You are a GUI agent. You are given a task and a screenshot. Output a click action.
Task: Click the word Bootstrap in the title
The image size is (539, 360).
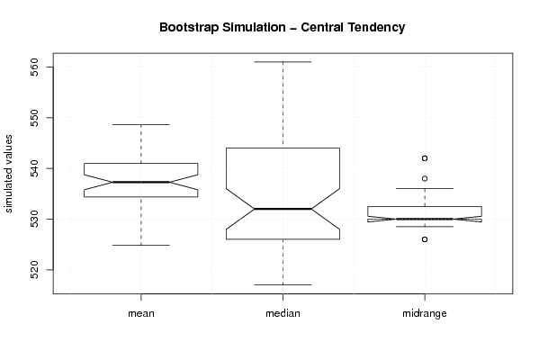188,28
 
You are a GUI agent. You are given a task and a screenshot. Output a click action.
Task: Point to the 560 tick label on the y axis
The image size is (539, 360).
34,67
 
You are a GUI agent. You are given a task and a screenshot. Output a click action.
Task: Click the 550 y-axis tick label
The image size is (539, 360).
34,118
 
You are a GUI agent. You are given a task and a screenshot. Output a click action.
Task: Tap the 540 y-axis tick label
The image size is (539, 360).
34,168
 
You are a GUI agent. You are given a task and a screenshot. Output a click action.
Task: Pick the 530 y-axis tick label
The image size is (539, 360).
34,219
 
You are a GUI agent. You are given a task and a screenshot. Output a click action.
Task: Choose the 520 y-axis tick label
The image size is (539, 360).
34,270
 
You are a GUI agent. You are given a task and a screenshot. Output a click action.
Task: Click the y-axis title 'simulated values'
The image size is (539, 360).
8,174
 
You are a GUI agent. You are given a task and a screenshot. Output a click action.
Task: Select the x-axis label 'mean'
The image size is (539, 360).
141,313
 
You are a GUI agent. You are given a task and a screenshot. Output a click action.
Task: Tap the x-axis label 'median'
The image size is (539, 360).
283,313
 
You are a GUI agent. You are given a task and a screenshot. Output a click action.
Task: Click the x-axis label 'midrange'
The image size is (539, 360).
425,313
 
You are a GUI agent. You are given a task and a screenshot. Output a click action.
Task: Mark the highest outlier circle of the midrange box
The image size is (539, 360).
425,158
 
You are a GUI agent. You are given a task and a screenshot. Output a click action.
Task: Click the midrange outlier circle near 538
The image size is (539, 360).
425,178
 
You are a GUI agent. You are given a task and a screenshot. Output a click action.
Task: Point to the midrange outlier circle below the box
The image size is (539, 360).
425,239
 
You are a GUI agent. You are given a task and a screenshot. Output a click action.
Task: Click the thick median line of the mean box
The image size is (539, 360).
141,182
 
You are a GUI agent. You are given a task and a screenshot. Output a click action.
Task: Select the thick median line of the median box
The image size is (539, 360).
283,209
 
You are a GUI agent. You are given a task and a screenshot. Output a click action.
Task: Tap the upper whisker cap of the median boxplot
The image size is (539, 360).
283,62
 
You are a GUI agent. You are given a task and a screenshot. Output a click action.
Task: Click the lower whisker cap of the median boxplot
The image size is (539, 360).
283,284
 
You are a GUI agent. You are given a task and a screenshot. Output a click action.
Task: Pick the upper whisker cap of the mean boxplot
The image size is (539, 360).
141,124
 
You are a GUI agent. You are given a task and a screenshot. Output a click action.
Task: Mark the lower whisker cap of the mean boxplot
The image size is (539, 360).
141,245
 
